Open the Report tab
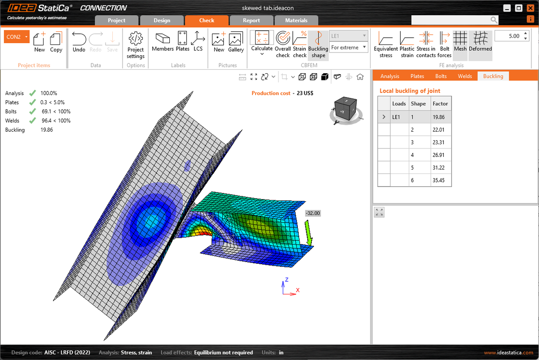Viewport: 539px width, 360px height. (251, 20)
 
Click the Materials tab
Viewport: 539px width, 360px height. (296, 20)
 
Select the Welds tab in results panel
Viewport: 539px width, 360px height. (464, 76)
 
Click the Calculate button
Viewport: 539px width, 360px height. (261, 44)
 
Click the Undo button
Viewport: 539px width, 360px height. (79, 42)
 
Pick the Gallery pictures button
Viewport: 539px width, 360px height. (236, 42)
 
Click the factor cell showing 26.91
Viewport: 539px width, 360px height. (440, 155)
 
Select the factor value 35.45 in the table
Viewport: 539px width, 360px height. (440, 180)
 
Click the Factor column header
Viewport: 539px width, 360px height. (440, 103)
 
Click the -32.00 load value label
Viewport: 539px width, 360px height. (313, 213)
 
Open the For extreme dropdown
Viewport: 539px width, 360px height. (349, 47)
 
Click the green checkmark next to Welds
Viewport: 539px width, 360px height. (32, 120)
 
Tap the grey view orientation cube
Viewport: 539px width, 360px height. (345, 108)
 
